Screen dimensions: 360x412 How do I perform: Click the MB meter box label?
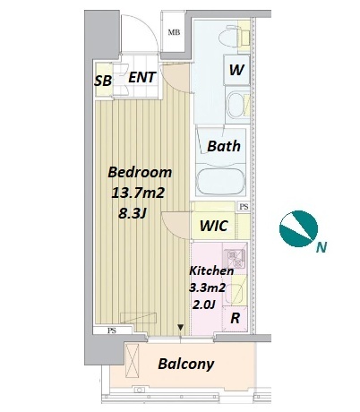pyautogui.click(x=174, y=32)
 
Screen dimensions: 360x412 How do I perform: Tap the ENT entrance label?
pyautogui.click(x=142, y=77)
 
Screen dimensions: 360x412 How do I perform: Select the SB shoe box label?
pyautogui.click(x=103, y=81)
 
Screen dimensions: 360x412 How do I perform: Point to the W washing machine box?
pyautogui.click(x=236, y=70)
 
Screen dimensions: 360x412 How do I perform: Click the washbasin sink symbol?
pyautogui.click(x=236, y=104)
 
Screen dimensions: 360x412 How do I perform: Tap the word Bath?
pyautogui.click(x=224, y=146)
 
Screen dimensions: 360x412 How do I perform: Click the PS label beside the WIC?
pyautogui.click(x=244, y=207)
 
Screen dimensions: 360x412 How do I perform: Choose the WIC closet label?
pyautogui.click(x=214, y=226)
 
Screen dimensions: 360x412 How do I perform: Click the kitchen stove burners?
pyautogui.click(x=235, y=259)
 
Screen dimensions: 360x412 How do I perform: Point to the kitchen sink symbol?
pyautogui.click(x=236, y=294)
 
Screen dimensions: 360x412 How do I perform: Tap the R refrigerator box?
pyautogui.click(x=235, y=319)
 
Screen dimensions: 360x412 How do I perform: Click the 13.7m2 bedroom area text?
pyautogui.click(x=138, y=193)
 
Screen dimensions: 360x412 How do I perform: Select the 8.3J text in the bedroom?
pyautogui.click(x=133, y=213)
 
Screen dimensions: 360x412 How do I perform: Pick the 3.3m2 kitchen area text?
pyautogui.click(x=208, y=288)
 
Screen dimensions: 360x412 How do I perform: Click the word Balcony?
pyautogui.click(x=186, y=364)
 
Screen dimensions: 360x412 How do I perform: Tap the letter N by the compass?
pyautogui.click(x=321, y=247)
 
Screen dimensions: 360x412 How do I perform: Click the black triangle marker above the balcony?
pyautogui.click(x=180, y=327)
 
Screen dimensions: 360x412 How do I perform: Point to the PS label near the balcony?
pyautogui.click(x=112, y=330)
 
